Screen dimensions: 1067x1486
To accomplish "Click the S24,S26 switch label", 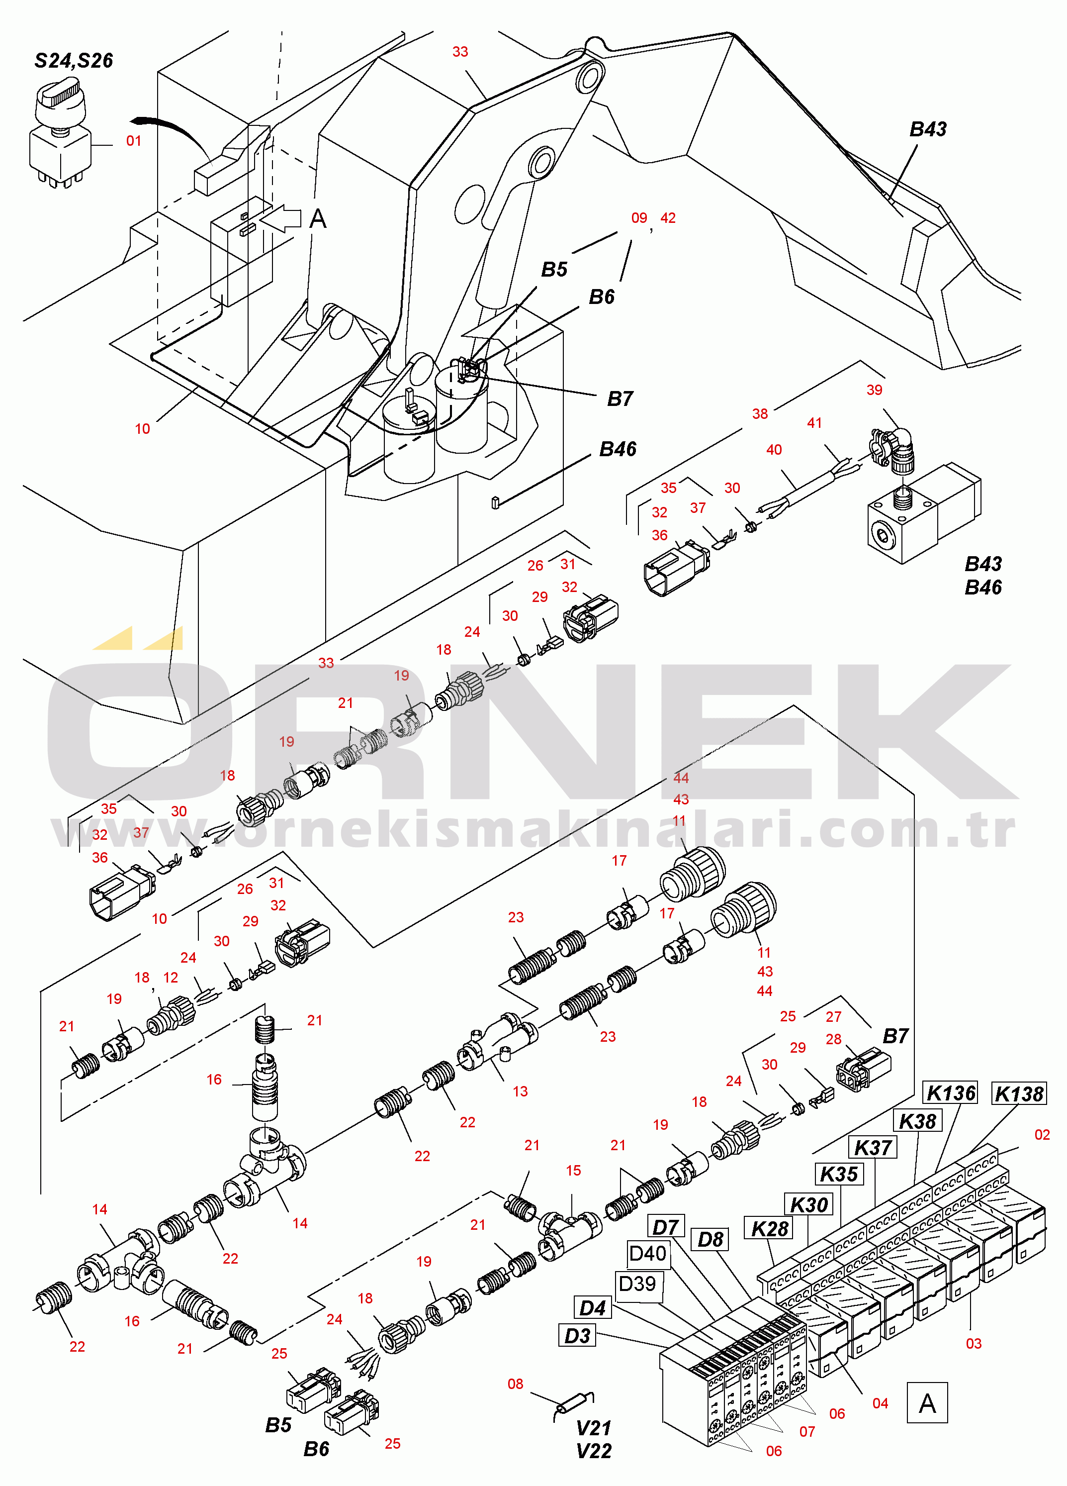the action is coord(74,61).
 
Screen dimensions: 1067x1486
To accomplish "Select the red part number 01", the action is coord(134,141).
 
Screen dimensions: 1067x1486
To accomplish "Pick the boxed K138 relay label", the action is coord(1019,1093).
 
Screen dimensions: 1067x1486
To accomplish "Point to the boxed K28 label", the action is coord(769,1228).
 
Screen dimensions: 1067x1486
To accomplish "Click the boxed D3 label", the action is coord(578,1335).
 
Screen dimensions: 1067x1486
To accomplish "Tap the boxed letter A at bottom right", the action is coord(927,1403).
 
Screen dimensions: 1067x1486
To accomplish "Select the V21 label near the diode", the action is coord(594,1428).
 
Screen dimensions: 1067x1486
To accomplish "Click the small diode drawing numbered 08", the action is coord(574,1404).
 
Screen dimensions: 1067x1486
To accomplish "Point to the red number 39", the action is coord(875,390).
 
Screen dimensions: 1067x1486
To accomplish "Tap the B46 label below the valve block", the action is coord(983,587).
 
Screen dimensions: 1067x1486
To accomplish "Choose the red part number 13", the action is coord(520,1091).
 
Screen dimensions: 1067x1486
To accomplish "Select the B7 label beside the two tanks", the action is coord(620,398).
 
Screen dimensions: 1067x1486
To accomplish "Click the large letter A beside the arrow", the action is coord(318,218).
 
